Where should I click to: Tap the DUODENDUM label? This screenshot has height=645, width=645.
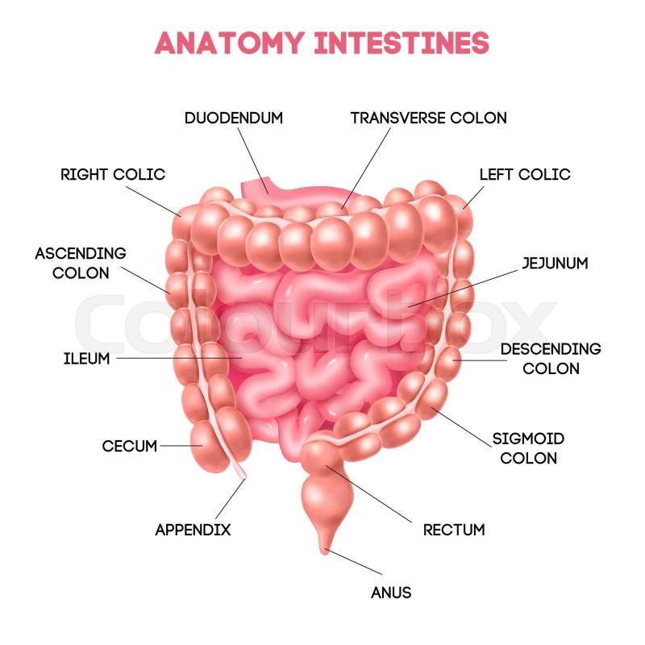click(x=234, y=118)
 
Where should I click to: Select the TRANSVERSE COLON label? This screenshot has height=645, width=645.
click(x=428, y=118)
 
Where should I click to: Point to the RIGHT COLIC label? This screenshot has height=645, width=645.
click(x=113, y=174)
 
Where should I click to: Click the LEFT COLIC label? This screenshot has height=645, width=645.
click(x=524, y=174)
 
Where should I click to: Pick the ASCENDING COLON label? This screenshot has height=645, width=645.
click(x=81, y=263)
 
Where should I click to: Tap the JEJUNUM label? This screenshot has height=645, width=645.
click(x=555, y=263)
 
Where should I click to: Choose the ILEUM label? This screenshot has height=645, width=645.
click(x=86, y=358)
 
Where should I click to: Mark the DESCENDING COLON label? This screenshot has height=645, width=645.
click(x=551, y=359)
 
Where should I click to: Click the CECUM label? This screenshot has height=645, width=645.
click(x=129, y=446)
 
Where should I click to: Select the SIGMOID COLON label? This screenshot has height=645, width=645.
click(x=528, y=448)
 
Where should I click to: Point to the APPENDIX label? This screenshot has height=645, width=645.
click(x=193, y=530)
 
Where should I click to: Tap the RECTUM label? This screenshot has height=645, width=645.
click(x=454, y=530)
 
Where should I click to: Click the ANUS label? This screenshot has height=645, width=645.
click(x=391, y=593)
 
